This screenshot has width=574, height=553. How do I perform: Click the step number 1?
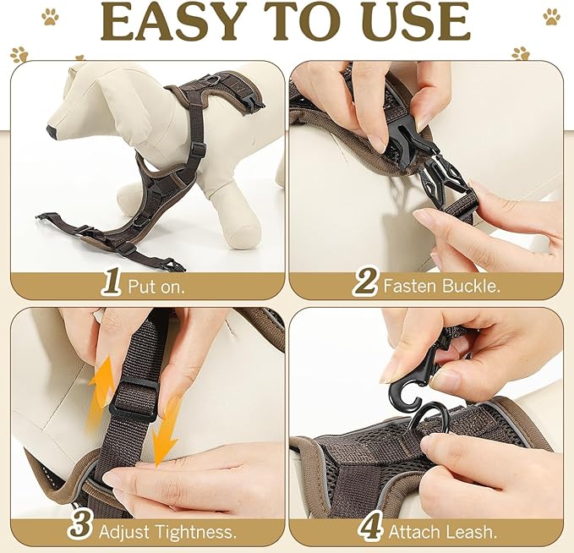(x=111, y=283)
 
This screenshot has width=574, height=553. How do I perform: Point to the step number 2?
(x=364, y=283)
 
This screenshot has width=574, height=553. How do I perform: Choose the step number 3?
(x=80, y=528)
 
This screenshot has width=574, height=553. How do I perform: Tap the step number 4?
(x=370, y=528)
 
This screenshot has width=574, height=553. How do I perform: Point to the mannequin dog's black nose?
(x=52, y=132)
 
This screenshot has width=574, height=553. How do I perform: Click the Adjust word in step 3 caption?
(x=123, y=531)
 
